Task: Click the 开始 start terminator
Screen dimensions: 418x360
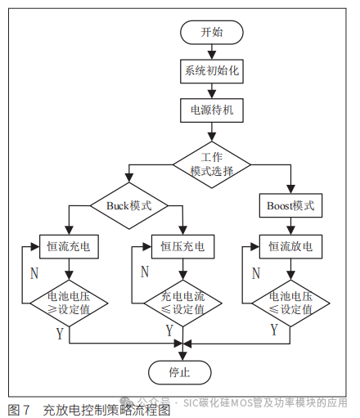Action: [x=211, y=33]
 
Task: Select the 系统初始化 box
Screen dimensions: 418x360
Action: [x=211, y=71]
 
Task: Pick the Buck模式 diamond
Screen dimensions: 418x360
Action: [x=128, y=205]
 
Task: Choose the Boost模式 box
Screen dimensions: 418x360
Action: [x=290, y=205]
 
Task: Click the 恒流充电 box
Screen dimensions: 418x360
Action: [x=70, y=245]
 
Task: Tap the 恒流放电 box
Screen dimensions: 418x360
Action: [x=290, y=245]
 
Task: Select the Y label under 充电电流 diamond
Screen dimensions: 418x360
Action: [x=169, y=331]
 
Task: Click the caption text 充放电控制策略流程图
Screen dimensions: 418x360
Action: [x=106, y=408]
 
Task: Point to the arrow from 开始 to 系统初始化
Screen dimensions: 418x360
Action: [x=211, y=52]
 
